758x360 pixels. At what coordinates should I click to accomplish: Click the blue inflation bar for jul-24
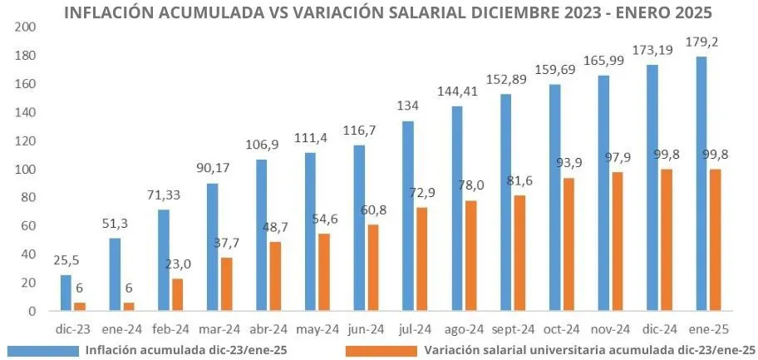pos(408,216)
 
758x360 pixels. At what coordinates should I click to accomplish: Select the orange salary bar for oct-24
pos(569,244)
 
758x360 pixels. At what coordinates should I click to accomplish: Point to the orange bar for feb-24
pos(178,294)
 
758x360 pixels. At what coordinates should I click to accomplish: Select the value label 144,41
pos(458,91)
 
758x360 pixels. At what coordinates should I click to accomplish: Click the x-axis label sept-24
pos(506,328)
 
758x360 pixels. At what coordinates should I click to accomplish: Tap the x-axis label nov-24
pos(604,328)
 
